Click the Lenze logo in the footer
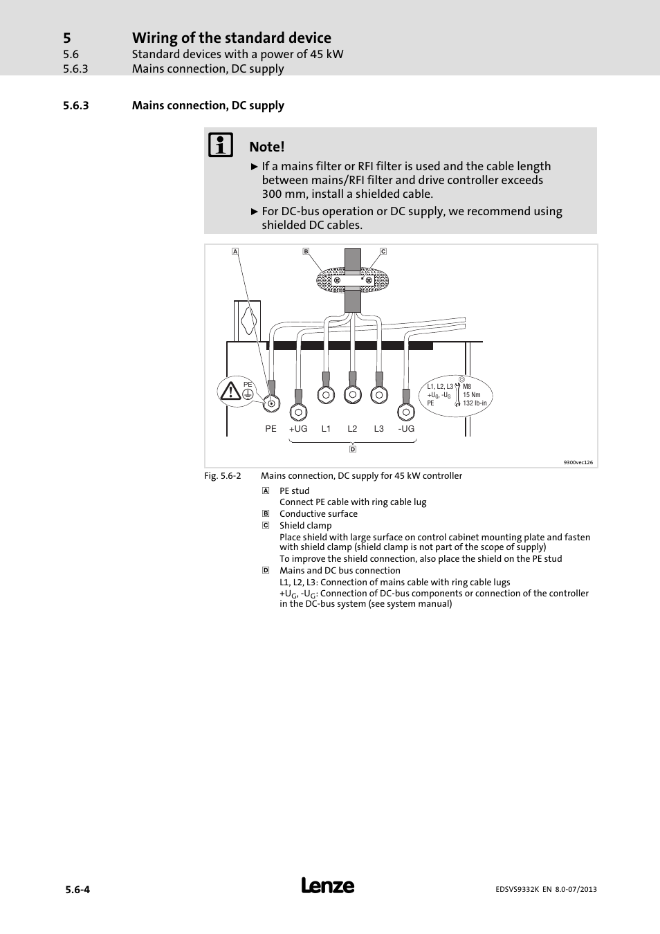point(328,886)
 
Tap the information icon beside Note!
point(221,145)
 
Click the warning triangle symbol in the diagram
point(230,392)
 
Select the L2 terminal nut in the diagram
point(352,395)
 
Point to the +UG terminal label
point(298,429)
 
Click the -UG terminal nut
point(406,412)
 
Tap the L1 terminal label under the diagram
point(326,429)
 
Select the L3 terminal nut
point(378,395)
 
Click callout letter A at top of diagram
point(235,252)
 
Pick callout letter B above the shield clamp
point(306,252)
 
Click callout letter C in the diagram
point(383,252)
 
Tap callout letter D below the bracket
point(353,449)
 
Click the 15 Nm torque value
point(472,395)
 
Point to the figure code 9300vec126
point(578,462)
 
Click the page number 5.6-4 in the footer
point(76,890)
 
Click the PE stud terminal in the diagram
point(271,403)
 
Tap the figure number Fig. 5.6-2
point(223,476)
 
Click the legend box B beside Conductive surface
point(265,514)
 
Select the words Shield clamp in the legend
point(305,526)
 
